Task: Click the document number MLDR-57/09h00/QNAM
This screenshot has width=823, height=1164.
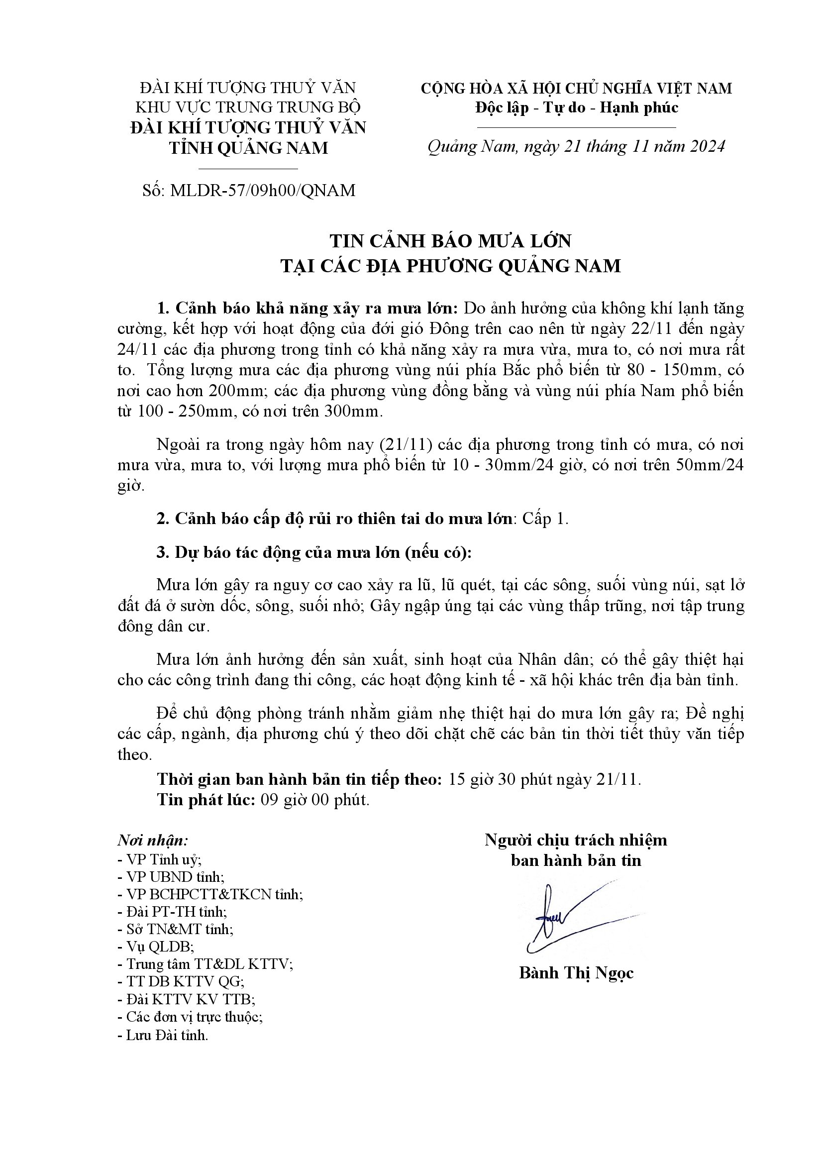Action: (x=263, y=190)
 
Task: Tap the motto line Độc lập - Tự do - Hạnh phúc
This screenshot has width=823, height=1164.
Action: (x=576, y=107)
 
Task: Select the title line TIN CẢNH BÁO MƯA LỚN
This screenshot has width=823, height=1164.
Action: (x=450, y=241)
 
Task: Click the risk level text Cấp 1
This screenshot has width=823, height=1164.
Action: (x=545, y=519)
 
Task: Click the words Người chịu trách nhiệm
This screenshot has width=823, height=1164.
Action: (x=576, y=840)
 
